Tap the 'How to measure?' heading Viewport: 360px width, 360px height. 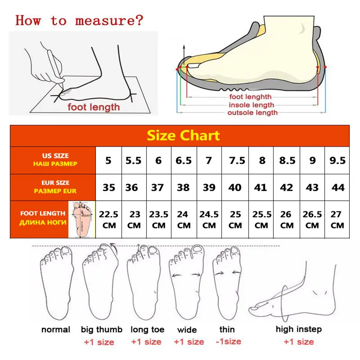(x=79, y=20)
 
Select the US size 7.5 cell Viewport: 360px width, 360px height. (x=235, y=161)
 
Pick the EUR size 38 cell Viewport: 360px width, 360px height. (x=183, y=187)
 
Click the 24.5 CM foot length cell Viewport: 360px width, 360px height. (x=209, y=220)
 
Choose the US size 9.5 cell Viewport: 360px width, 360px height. (x=337, y=161)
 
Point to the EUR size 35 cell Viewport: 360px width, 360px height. (x=108, y=187)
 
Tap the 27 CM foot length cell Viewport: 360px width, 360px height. (x=337, y=220)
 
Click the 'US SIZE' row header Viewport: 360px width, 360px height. (x=55, y=160)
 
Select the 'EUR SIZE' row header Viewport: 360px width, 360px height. (x=55, y=187)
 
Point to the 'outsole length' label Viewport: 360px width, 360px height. (x=252, y=112)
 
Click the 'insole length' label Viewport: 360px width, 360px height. (x=252, y=104)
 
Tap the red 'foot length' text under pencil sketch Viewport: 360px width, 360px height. (x=94, y=107)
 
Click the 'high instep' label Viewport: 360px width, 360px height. (x=299, y=329)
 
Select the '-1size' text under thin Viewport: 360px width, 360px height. (x=228, y=342)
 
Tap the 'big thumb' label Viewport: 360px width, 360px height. (x=102, y=329)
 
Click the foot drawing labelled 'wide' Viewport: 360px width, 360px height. (x=186, y=283)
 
